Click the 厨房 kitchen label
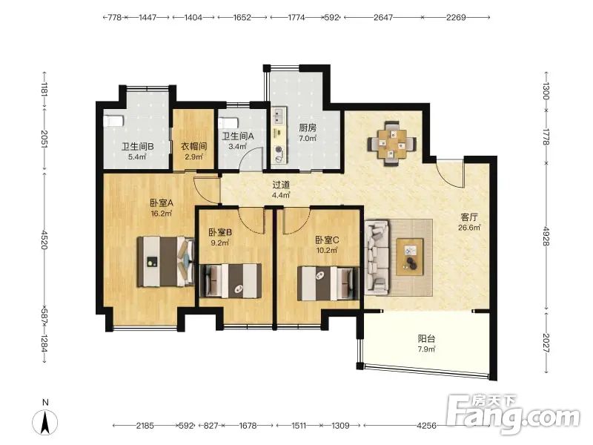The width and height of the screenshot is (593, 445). point(308,128)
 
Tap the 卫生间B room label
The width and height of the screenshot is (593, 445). point(137,146)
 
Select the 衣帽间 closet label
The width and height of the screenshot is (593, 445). point(193,146)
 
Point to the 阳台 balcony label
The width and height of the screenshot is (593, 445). point(426,338)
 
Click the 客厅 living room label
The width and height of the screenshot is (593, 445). point(469,217)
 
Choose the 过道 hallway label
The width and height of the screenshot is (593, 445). point(281,185)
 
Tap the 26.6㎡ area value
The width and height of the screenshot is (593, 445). point(469,228)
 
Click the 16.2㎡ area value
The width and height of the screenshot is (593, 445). point(162,214)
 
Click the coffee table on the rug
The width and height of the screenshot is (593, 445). point(410,257)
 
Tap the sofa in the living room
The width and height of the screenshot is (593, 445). point(377,257)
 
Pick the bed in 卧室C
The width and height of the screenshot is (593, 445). point(328,283)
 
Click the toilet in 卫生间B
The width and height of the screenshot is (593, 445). point(113,121)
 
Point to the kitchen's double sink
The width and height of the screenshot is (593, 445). point(279,116)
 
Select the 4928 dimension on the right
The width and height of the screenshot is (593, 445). point(546,236)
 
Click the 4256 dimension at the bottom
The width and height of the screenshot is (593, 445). point(426,426)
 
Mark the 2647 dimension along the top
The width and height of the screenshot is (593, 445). point(383,17)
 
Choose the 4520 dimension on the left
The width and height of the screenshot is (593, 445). point(44,240)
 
